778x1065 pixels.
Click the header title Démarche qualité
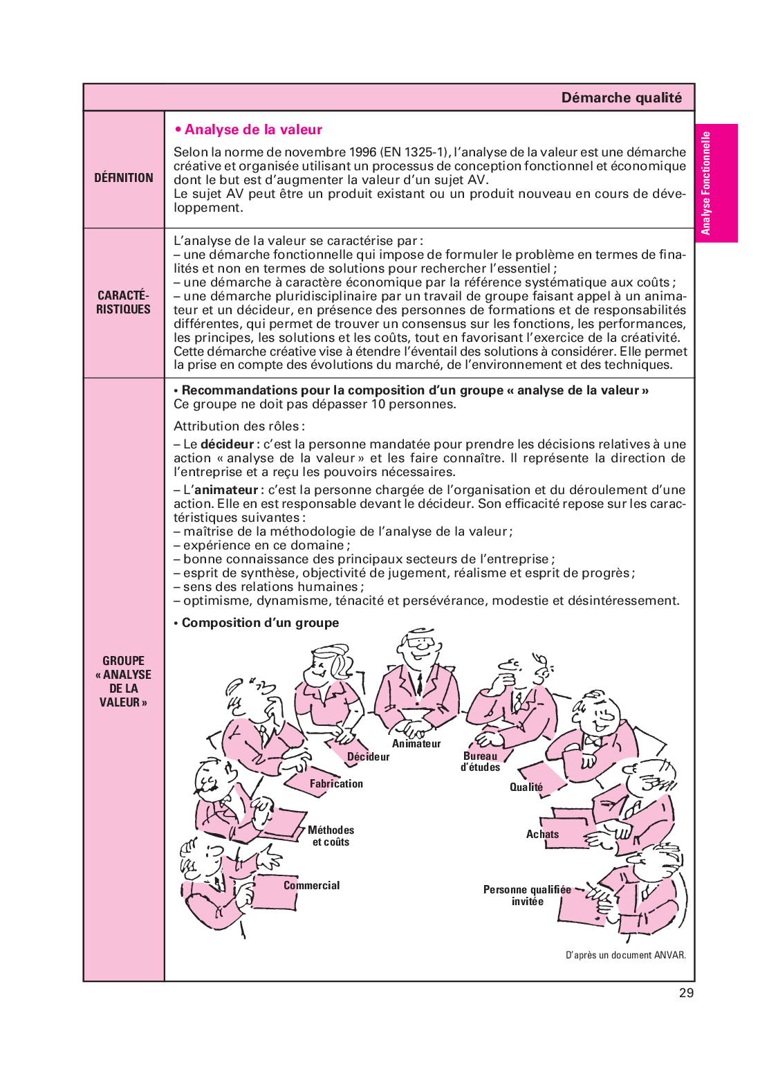pyautogui.click(x=621, y=98)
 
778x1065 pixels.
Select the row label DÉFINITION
pyautogui.click(x=124, y=178)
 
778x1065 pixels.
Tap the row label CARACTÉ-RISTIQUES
pyautogui.click(x=123, y=302)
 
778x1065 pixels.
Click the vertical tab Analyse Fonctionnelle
pyautogui.click(x=706, y=183)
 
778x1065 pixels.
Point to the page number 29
pyautogui.click(x=686, y=993)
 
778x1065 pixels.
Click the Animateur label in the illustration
pyautogui.click(x=416, y=744)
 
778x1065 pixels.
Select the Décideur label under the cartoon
pyautogui.click(x=368, y=757)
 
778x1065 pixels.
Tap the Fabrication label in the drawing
pyautogui.click(x=336, y=784)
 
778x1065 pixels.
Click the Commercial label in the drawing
pyautogui.click(x=312, y=886)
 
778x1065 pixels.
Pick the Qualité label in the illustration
pyautogui.click(x=526, y=788)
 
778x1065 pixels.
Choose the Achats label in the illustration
pyautogui.click(x=542, y=835)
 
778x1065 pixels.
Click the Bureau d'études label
pyautogui.click(x=481, y=762)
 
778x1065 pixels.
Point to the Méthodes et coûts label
pyautogui.click(x=331, y=836)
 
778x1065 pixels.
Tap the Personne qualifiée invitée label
pyautogui.click(x=528, y=895)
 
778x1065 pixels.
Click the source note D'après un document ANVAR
pyautogui.click(x=626, y=956)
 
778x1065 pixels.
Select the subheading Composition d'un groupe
pyautogui.click(x=260, y=623)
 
